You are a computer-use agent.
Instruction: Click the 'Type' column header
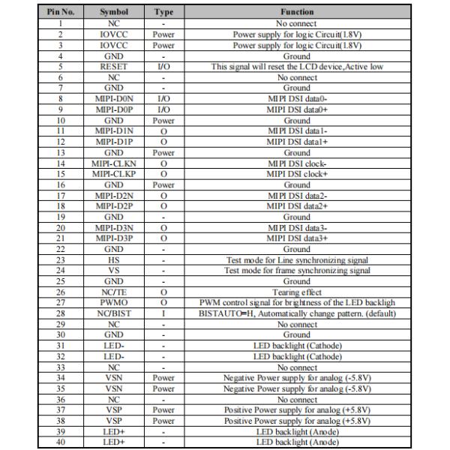tap(163, 13)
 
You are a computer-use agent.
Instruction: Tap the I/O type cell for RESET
tap(163, 67)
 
